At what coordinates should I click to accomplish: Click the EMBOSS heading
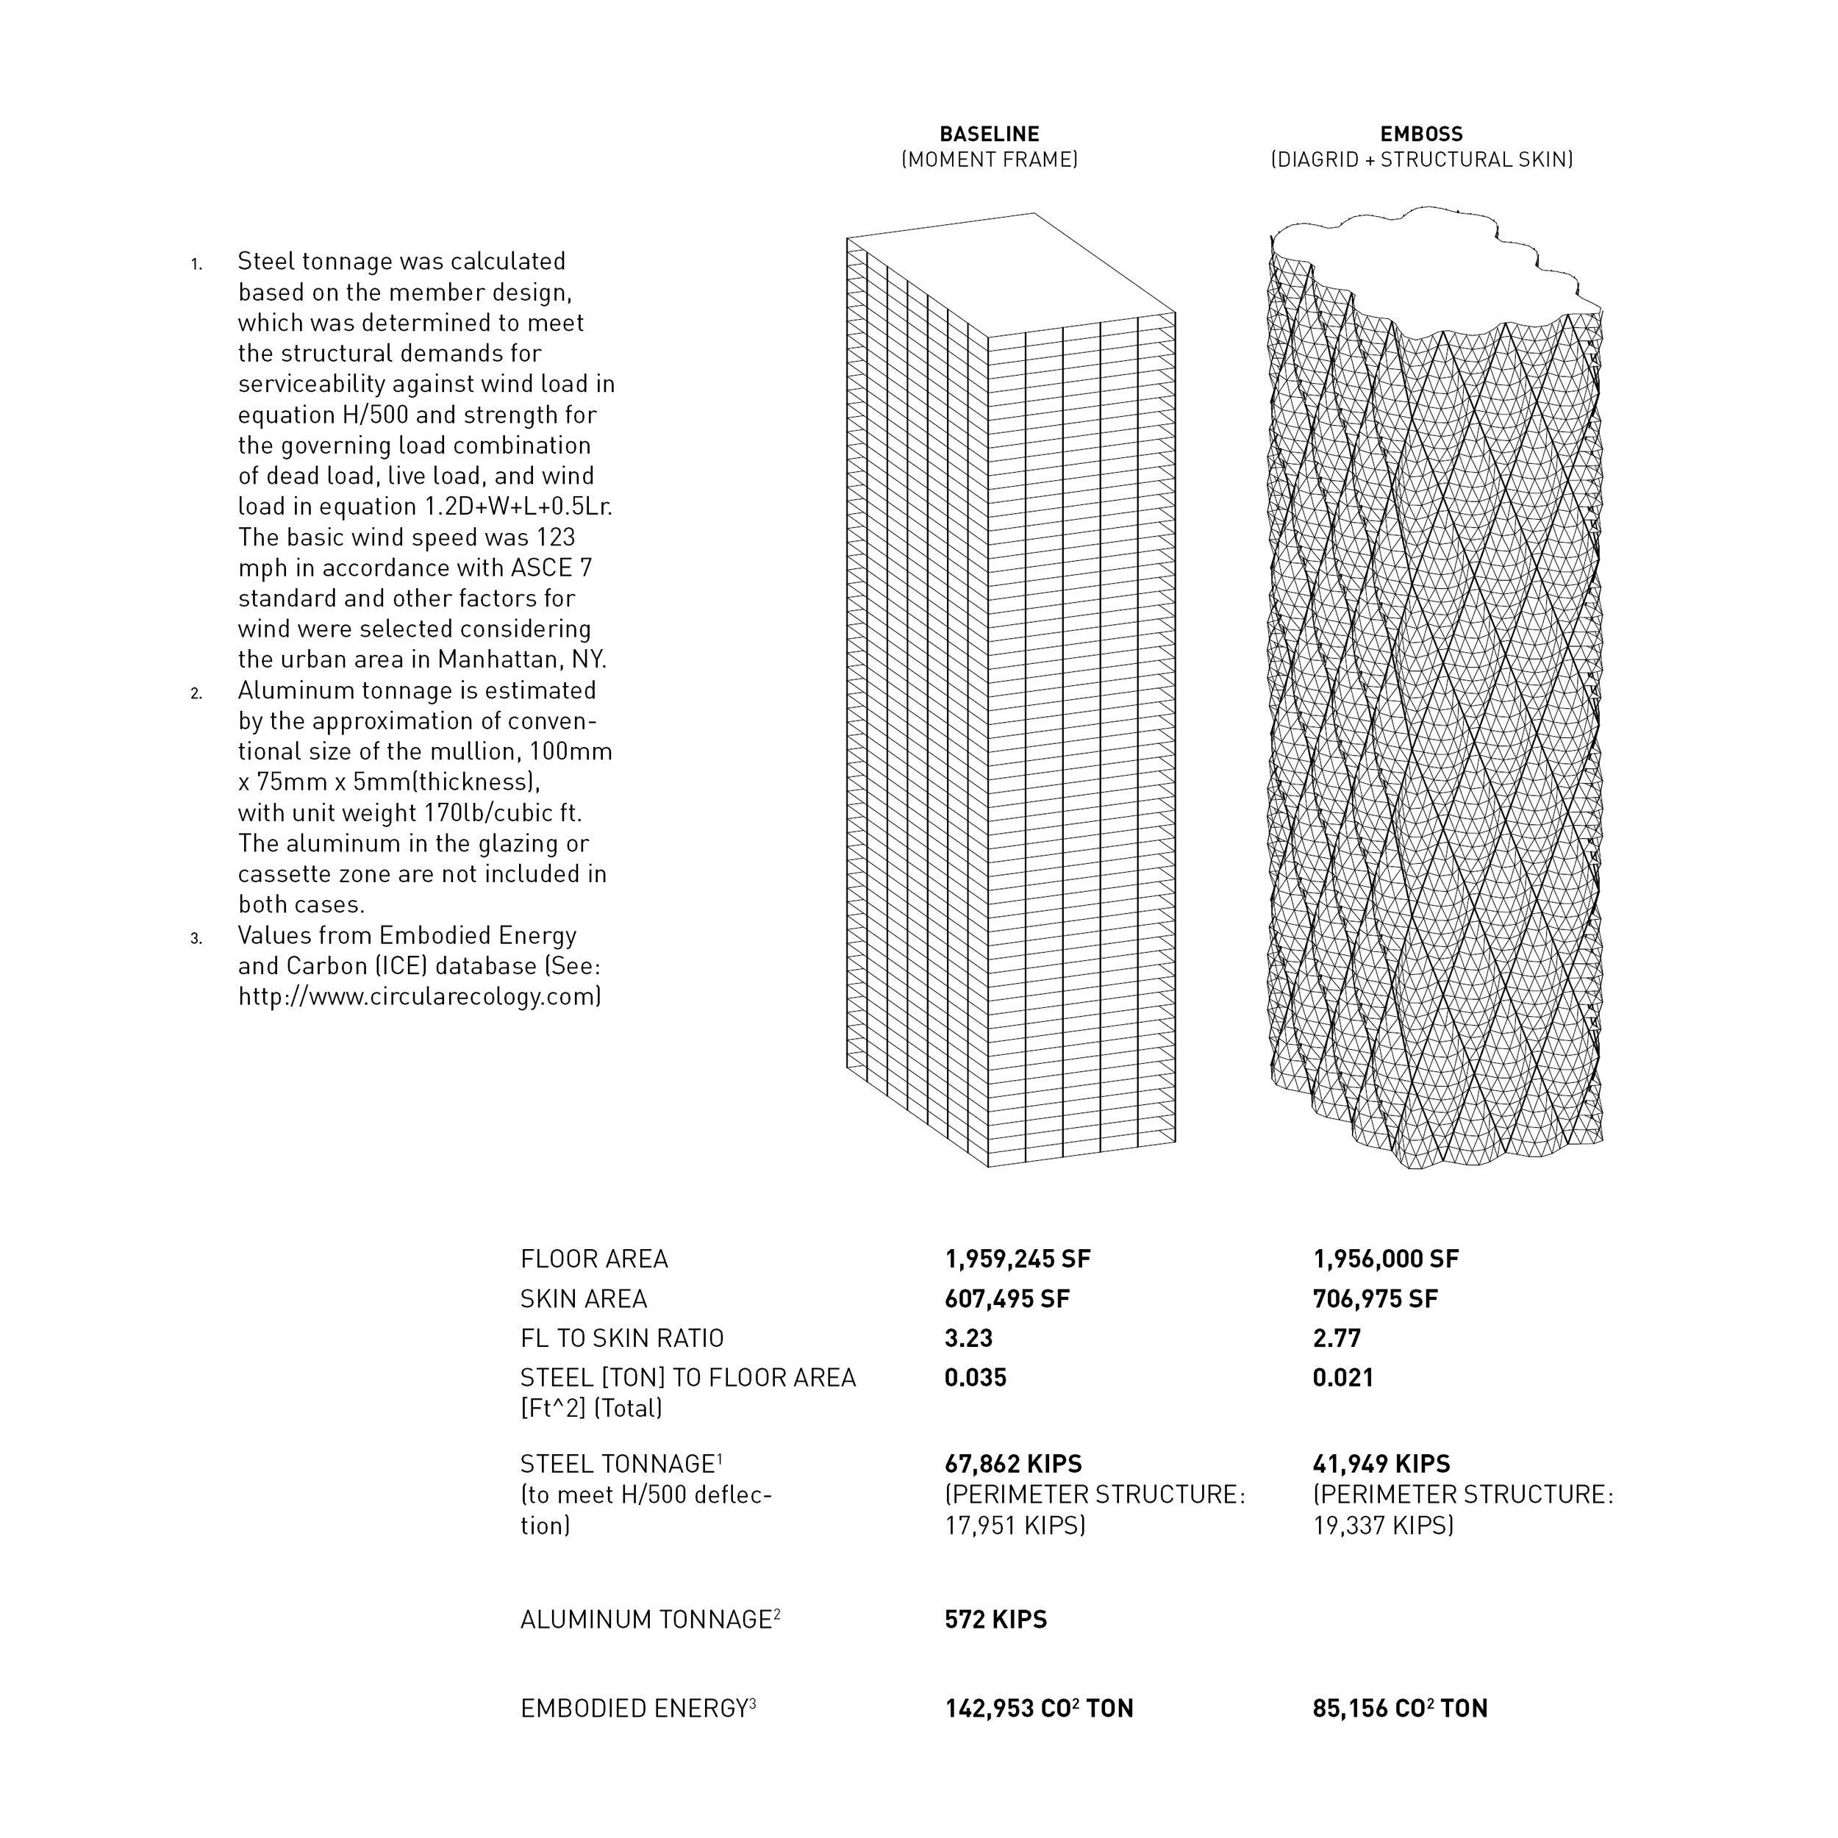tap(1420, 134)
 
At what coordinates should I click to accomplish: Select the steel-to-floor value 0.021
tap(1342, 1378)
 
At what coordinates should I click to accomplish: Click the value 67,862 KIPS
tap(1012, 1463)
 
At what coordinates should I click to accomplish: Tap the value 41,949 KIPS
tap(1381, 1463)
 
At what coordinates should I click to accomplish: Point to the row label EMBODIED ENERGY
tap(634, 1709)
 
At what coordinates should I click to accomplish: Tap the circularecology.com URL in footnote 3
tap(418, 996)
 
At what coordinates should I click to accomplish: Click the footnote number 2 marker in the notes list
tap(196, 693)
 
